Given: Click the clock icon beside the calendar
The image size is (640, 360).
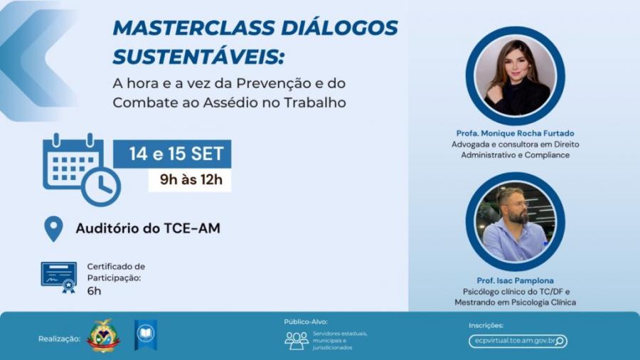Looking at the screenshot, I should pos(101,186).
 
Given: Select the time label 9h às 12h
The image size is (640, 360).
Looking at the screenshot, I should pos(190,180).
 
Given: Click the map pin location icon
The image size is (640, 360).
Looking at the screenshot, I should pos(54,228).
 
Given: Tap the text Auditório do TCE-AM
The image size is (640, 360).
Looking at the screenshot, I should pos(148,229).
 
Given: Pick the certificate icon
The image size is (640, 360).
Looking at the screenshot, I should pos(59,276).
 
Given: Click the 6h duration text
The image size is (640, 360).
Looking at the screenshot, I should pos(94,290).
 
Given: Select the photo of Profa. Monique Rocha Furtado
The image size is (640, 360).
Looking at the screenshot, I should pos(515,77).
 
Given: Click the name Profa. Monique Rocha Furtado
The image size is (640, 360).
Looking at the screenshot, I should pos(515,133).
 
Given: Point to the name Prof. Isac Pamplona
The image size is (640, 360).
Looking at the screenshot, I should pos(515,280).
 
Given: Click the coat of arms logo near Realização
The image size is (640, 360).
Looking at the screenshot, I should pos(103,335).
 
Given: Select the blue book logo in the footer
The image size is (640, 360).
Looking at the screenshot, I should pos(145,334).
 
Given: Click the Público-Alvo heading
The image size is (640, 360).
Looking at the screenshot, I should pos(306,322).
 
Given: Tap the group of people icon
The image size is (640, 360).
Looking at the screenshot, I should pos(297,340).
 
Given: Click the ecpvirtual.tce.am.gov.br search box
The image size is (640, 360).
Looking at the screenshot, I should pos(518,341).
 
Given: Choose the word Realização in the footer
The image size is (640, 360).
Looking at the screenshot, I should pos(59,339).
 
